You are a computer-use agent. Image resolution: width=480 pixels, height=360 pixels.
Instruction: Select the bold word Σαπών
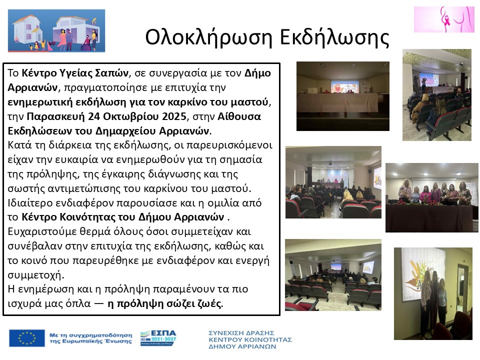click(x=112, y=73)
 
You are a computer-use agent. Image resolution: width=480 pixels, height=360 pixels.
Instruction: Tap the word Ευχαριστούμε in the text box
click(x=42, y=232)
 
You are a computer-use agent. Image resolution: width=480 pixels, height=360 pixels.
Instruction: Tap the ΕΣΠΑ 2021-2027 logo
click(x=157, y=338)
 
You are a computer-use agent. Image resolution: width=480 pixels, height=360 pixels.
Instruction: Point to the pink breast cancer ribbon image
click(x=444, y=19)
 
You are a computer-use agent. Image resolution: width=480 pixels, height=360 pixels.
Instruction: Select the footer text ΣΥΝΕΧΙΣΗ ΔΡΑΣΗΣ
click(x=242, y=332)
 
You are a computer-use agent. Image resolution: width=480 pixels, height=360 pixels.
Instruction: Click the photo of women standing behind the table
click(x=431, y=197)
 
